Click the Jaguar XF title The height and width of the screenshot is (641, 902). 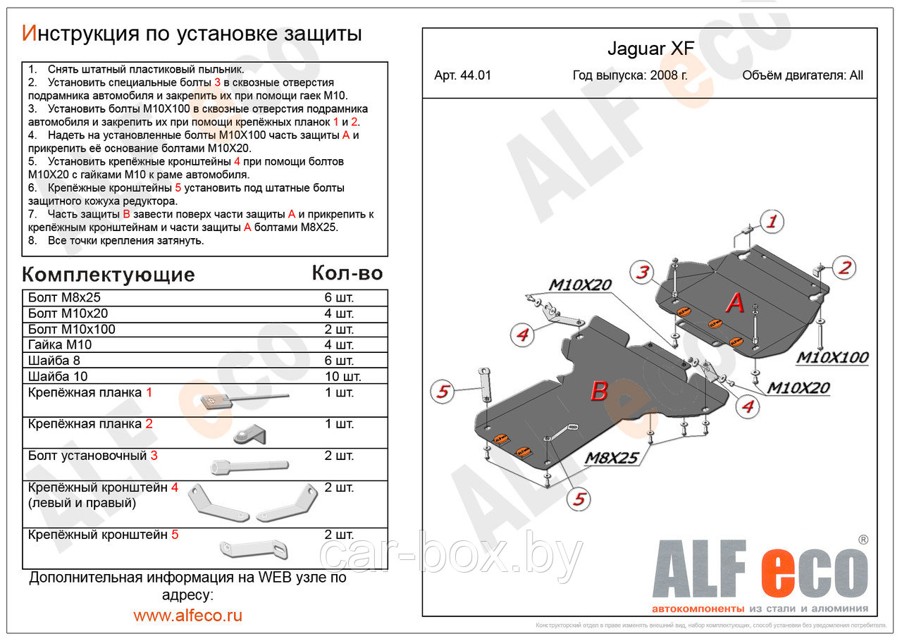click(x=650, y=49)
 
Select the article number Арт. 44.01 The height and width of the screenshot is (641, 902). click(x=463, y=76)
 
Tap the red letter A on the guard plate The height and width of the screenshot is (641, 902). click(x=735, y=304)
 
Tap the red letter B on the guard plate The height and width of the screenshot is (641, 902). click(x=598, y=391)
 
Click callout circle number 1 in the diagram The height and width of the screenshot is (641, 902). click(x=772, y=223)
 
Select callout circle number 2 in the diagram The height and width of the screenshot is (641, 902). click(x=845, y=267)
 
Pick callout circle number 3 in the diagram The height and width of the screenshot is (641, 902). click(x=641, y=272)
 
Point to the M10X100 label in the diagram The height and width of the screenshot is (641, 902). click(x=832, y=358)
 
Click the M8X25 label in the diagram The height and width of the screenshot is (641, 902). click(x=611, y=459)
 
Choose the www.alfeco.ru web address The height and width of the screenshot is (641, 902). click(x=187, y=615)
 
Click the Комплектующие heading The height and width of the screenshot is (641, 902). click(x=108, y=274)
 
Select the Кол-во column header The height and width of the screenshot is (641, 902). click(x=347, y=273)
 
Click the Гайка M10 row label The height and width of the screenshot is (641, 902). click(x=60, y=344)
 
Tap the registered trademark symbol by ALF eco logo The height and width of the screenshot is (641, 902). click(x=863, y=540)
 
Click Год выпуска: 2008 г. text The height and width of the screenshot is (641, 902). click(x=630, y=76)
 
